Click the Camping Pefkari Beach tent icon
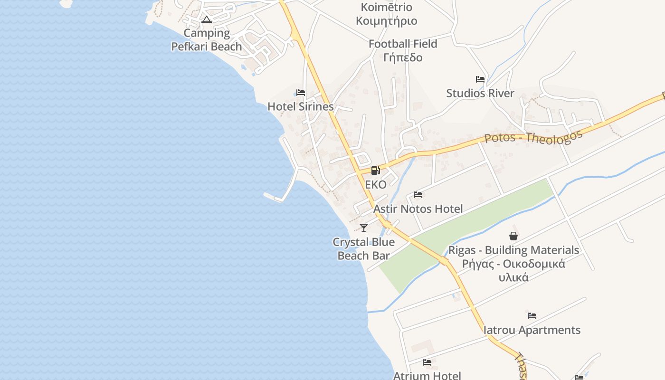206,19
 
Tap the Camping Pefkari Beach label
207,40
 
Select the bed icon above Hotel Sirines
301,93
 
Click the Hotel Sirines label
301,106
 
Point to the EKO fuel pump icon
375,170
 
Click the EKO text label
376,185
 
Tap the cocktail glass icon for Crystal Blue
364,228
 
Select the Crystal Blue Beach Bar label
364,249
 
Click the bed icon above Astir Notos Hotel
418,195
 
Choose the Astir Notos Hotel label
418,209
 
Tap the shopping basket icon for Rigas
513,236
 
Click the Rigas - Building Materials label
514,250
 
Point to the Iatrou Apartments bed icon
532,316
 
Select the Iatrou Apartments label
532,330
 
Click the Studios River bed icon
480,79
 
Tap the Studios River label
480,93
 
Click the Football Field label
403,44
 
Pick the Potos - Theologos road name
533,138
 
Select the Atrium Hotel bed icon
427,362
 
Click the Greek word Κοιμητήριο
387,21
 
